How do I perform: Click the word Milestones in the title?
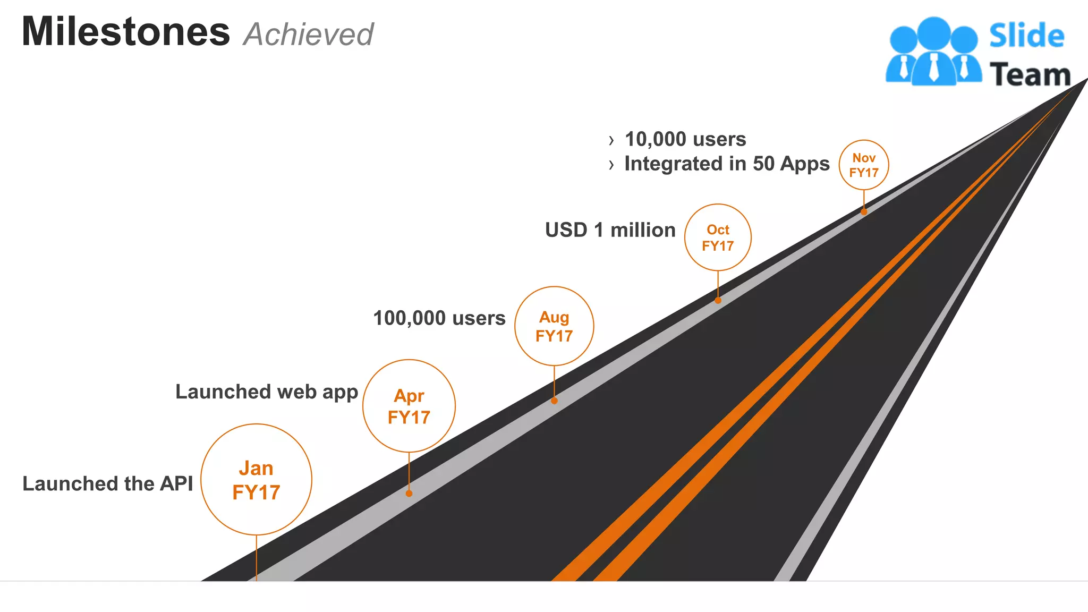tap(126, 32)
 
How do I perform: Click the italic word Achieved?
tap(309, 35)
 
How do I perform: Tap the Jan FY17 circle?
tap(256, 480)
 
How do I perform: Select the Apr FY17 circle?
tap(409, 406)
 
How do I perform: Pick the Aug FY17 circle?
tap(554, 326)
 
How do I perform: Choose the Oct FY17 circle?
tap(718, 237)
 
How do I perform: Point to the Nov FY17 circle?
tap(864, 165)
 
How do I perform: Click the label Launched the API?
tap(108, 484)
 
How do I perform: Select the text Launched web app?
tap(267, 392)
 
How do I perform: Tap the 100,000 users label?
tap(439, 318)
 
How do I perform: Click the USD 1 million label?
tap(610, 230)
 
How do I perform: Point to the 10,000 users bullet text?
tap(685, 139)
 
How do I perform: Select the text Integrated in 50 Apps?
tap(727, 164)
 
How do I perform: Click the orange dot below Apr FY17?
tap(409, 494)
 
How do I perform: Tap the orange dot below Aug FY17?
tap(554, 401)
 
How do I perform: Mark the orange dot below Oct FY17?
tap(718, 301)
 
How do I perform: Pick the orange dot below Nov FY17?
tap(864, 212)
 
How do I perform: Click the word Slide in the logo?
tap(1026, 36)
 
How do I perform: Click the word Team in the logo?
tap(1030, 74)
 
